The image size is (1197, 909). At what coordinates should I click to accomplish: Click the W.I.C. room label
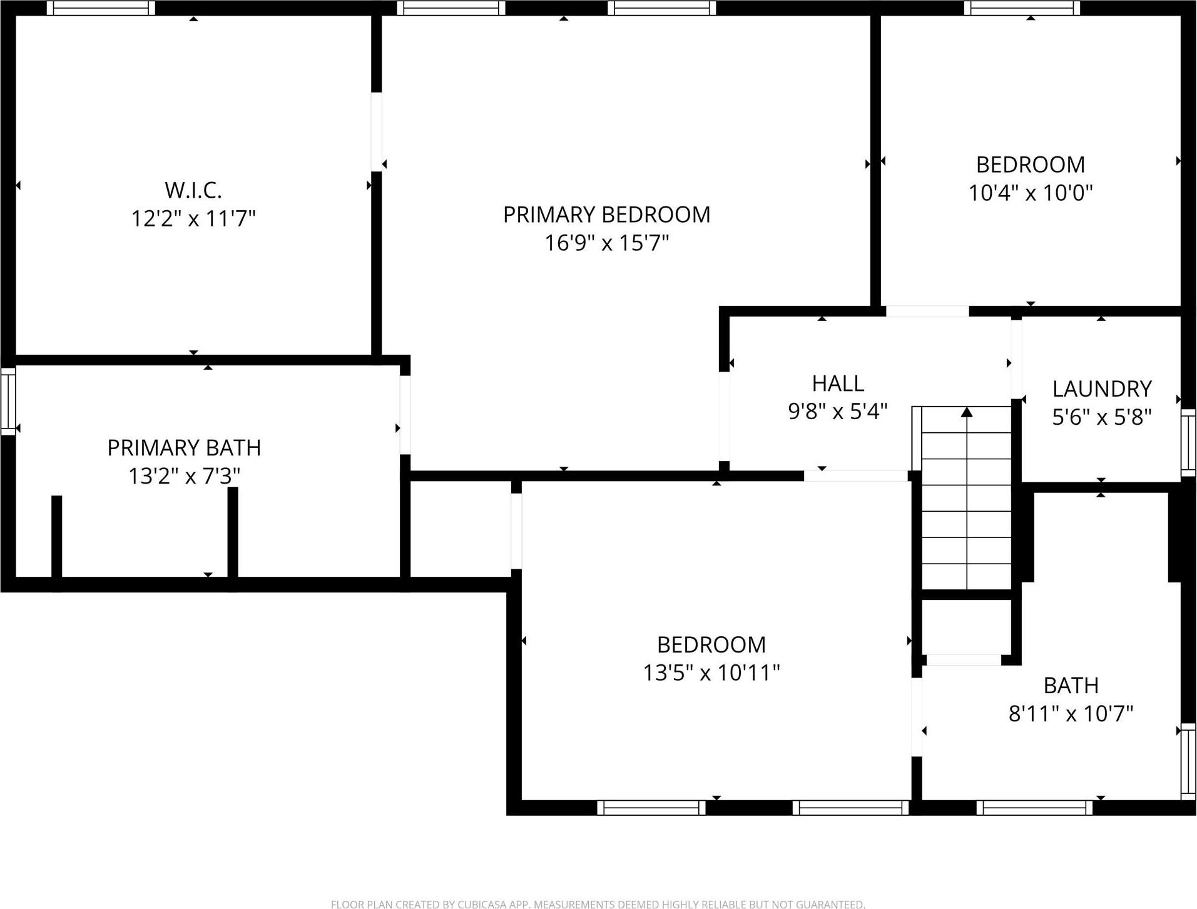click(193, 190)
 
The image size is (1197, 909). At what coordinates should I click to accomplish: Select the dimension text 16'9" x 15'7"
click(606, 243)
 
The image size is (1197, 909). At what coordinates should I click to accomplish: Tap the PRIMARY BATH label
click(184, 448)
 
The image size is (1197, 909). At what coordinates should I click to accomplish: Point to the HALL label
click(838, 383)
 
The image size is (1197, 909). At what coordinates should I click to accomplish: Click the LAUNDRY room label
click(1102, 389)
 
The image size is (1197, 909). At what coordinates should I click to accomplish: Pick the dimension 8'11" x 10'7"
click(1071, 713)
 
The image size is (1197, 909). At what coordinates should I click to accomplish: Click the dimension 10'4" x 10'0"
click(1031, 193)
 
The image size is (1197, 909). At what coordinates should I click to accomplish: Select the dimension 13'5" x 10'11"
click(711, 673)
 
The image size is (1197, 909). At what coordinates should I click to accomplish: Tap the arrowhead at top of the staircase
click(967, 412)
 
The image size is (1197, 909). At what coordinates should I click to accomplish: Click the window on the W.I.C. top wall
click(101, 8)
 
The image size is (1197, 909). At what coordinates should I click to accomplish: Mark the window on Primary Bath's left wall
click(8, 401)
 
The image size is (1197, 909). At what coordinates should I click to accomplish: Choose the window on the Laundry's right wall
click(1188, 442)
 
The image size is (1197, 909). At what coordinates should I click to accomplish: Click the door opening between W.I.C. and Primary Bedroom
click(376, 132)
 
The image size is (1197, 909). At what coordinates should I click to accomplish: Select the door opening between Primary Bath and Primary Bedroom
click(405, 415)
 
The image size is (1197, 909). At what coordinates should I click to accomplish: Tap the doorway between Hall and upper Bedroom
click(927, 311)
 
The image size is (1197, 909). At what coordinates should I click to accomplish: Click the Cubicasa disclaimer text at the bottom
click(598, 904)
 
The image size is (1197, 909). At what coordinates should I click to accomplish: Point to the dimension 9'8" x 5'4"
click(838, 412)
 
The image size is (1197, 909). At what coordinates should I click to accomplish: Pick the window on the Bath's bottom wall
click(1034, 808)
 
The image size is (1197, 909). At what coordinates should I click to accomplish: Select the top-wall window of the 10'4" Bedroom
click(1021, 8)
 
